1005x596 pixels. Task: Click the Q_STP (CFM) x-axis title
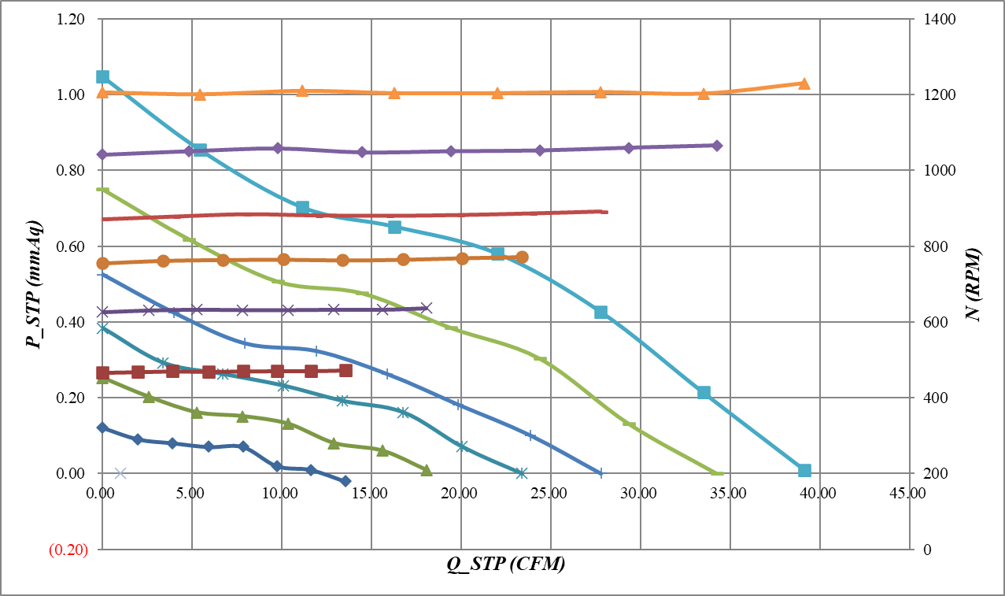[x=504, y=565]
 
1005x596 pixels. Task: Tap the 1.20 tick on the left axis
[x=72, y=19]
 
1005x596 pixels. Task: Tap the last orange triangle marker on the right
[x=804, y=83]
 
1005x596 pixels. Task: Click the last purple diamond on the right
[x=716, y=146]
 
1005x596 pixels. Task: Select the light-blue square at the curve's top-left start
[x=102, y=76]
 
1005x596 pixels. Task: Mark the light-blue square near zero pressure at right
[x=804, y=470]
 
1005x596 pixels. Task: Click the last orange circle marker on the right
[x=522, y=257]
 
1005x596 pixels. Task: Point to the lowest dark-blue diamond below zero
[x=345, y=480]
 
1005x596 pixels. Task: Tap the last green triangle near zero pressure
[x=427, y=470]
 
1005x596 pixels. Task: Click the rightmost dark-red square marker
[x=345, y=370]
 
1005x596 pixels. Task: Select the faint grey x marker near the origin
[x=120, y=473]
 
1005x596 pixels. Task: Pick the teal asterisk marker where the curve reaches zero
[x=521, y=473]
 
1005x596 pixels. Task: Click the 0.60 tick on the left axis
[x=72, y=246]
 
